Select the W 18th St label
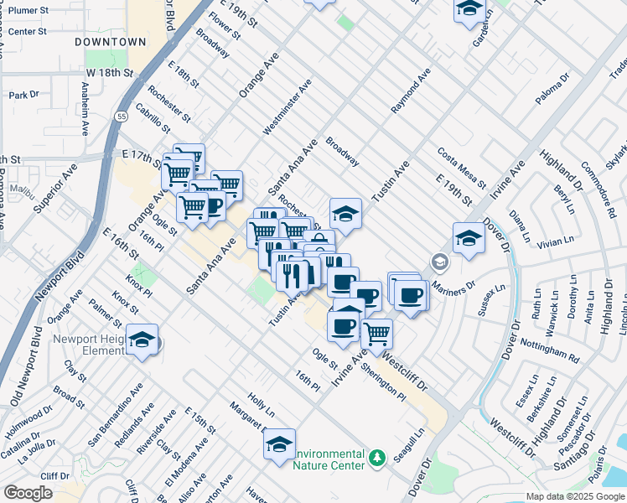[x=109, y=73]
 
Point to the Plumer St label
[x=28, y=9]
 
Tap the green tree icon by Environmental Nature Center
[x=377, y=457]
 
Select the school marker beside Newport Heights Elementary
[x=142, y=340]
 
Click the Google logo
[x=28, y=493]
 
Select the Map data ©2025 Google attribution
[x=574, y=496]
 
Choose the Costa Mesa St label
[x=461, y=167]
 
